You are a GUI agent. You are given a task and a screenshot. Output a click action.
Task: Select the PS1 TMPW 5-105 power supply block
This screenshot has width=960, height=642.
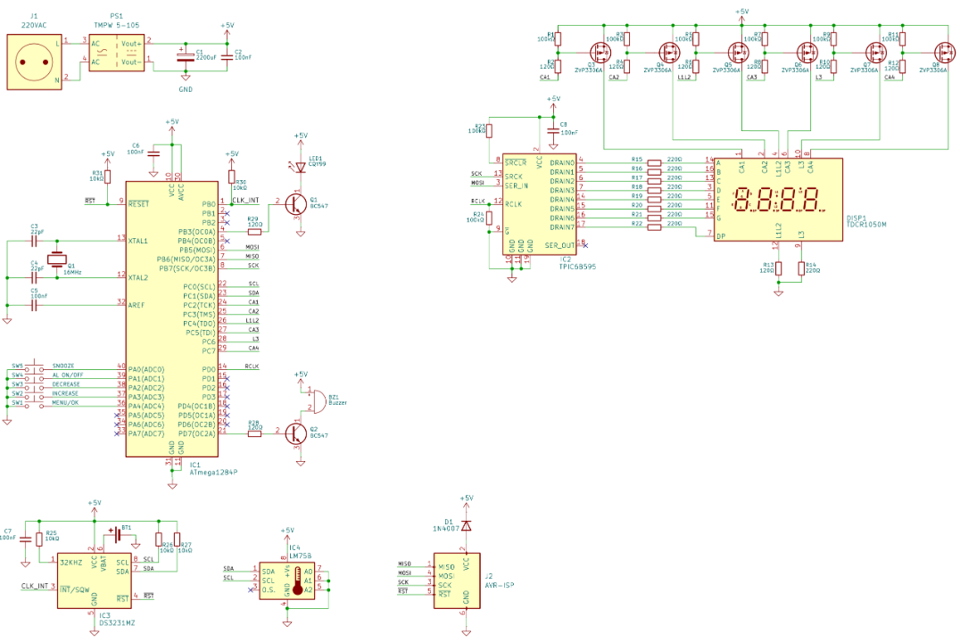(x=118, y=53)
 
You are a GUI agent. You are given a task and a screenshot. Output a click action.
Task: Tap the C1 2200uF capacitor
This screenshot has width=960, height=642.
(x=184, y=56)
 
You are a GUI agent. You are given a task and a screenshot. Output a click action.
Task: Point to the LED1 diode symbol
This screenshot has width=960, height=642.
(x=301, y=165)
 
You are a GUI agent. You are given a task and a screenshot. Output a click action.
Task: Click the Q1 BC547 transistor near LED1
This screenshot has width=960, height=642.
(x=295, y=204)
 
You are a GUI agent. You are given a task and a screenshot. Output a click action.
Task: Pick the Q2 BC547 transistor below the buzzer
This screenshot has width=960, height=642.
(x=296, y=433)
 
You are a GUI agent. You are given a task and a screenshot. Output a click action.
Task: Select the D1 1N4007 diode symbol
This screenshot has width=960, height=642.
(x=465, y=525)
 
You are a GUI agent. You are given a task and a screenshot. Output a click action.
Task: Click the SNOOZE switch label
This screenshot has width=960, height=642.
(x=63, y=366)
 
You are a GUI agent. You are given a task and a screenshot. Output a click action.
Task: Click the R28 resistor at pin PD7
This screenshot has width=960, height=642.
(x=254, y=433)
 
